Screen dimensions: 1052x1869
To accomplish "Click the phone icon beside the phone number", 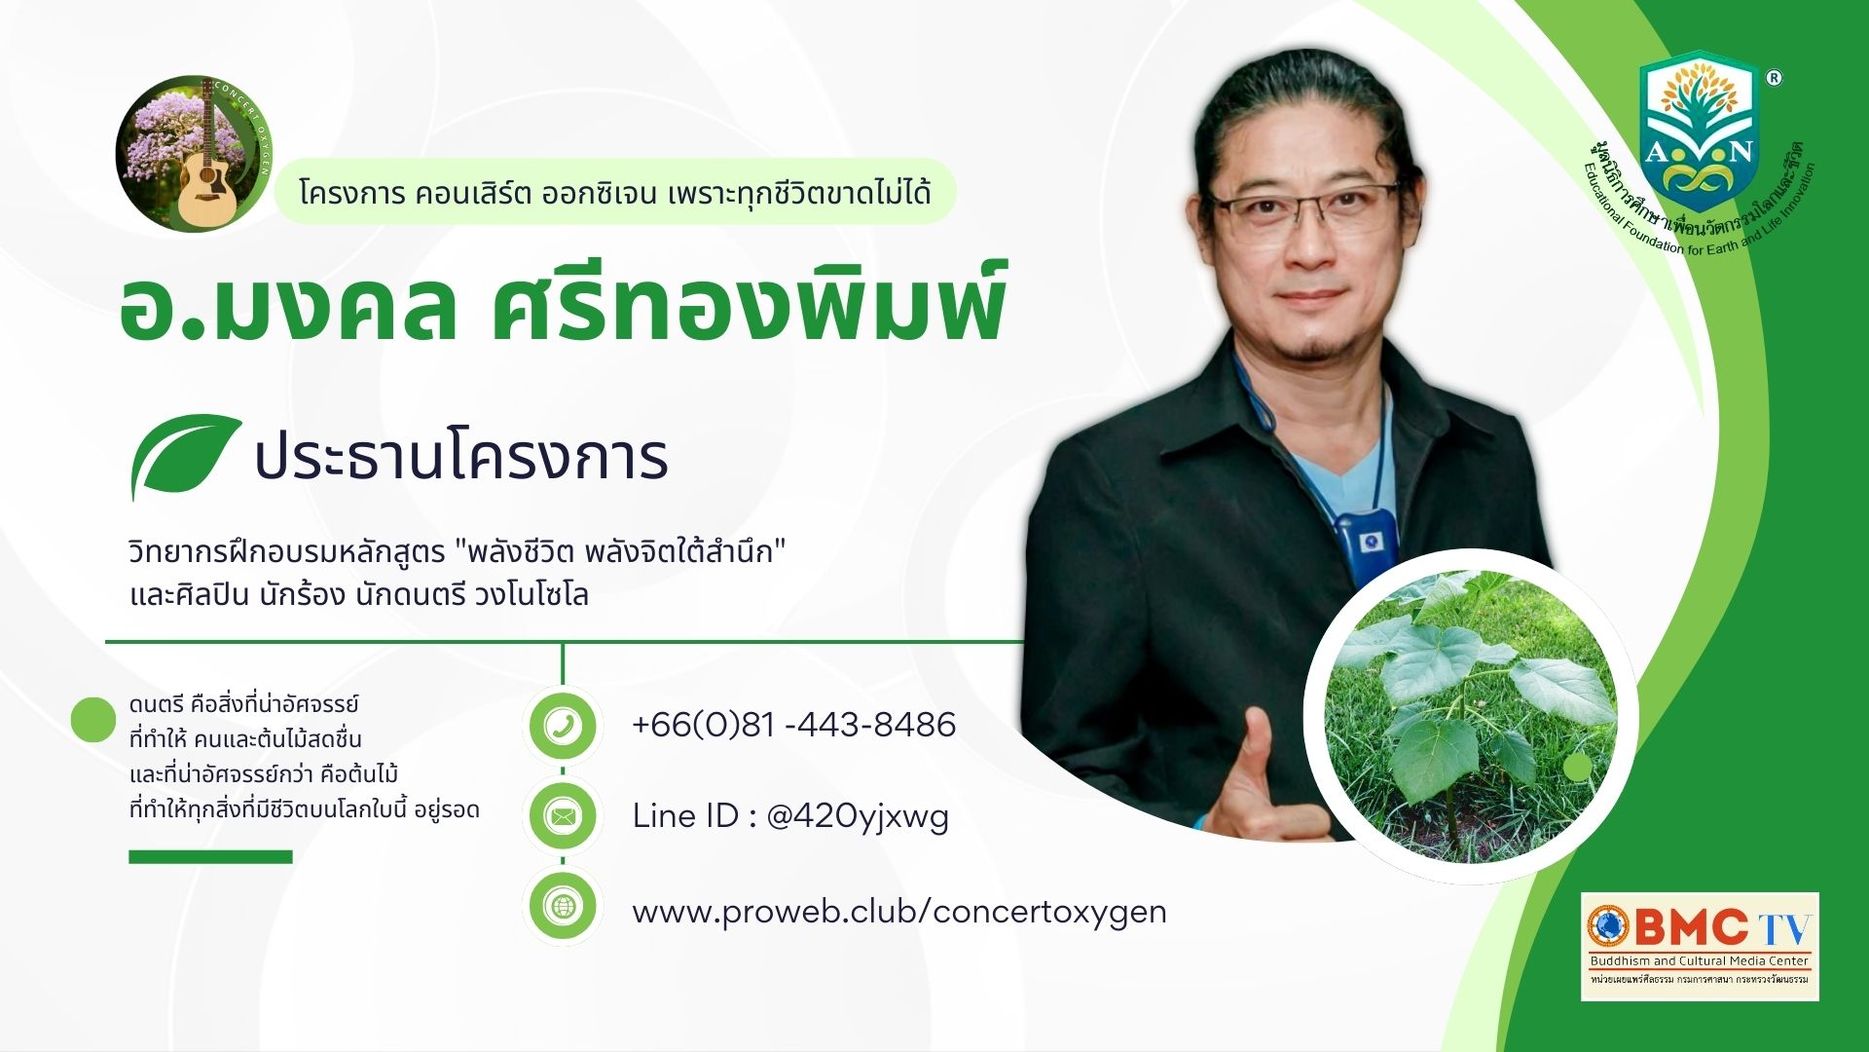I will (x=563, y=726).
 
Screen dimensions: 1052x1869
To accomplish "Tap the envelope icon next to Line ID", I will (x=563, y=815).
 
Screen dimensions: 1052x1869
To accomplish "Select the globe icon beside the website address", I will (x=563, y=907).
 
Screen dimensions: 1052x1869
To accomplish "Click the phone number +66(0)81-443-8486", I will (x=793, y=725).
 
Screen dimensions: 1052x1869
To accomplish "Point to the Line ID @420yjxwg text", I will (x=790, y=816).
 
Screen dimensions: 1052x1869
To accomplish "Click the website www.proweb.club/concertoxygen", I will (x=898, y=912).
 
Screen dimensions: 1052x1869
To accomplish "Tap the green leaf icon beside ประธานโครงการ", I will (x=184, y=455).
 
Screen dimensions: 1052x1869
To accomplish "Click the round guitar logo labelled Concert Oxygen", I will (x=194, y=153).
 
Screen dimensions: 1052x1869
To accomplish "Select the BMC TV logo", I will (x=1700, y=945).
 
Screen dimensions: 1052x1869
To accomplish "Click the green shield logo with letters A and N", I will (x=1699, y=131).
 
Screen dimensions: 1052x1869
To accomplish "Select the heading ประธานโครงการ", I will (x=460, y=458).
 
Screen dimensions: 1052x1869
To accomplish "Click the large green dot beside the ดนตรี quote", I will (x=93, y=720).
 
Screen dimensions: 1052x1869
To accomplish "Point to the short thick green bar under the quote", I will (x=210, y=857).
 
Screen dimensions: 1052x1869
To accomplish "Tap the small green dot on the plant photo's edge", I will (x=1577, y=768).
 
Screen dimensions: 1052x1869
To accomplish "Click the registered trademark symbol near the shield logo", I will (x=1774, y=78).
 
